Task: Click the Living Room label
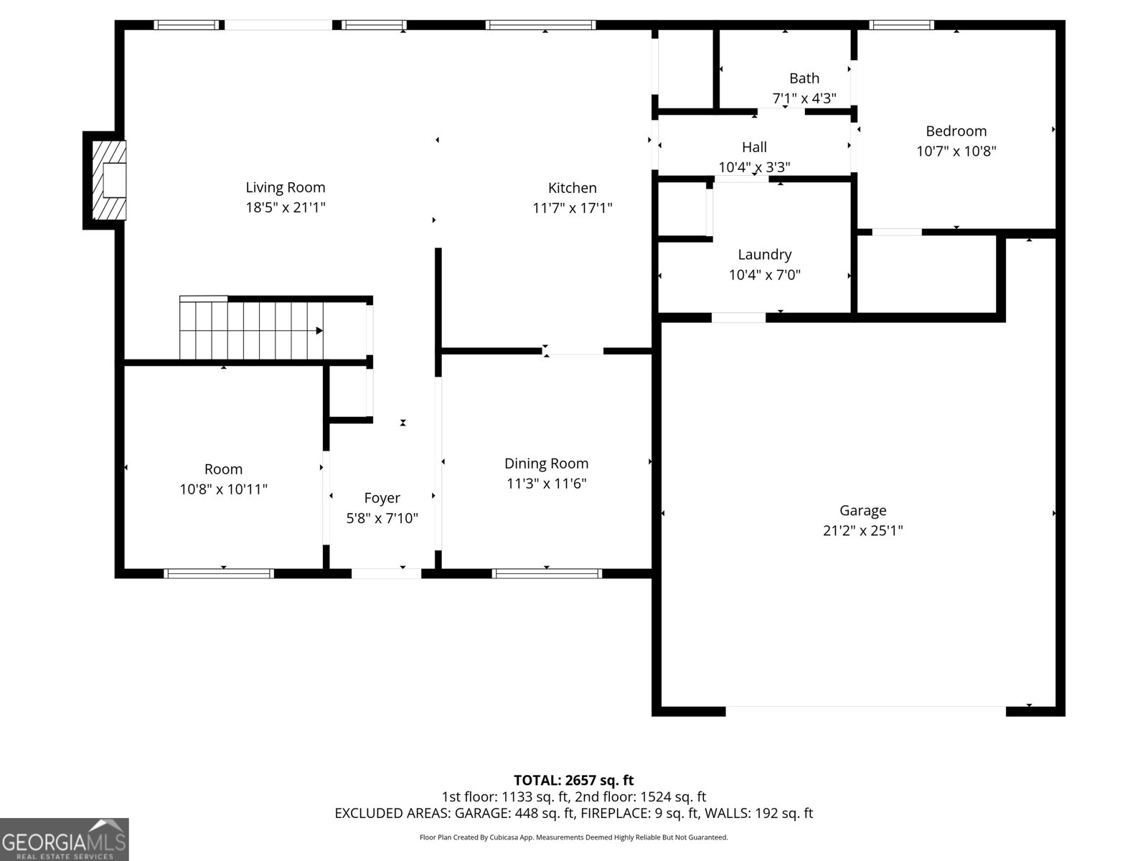286,187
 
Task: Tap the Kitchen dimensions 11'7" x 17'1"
572,208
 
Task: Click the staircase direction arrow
319,331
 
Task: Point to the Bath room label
804,78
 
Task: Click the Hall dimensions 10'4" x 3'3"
754,167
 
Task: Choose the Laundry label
764,255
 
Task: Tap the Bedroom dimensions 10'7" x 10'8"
956,151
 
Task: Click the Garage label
862,510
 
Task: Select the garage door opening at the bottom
865,710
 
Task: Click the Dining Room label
546,464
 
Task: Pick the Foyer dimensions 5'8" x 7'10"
382,518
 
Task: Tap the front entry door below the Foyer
386,573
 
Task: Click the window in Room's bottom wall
219,573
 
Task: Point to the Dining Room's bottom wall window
547,573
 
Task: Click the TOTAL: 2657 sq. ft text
573,780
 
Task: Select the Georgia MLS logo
64,839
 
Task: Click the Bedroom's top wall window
901,25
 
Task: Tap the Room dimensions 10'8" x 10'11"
223,489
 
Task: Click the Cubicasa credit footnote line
573,837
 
